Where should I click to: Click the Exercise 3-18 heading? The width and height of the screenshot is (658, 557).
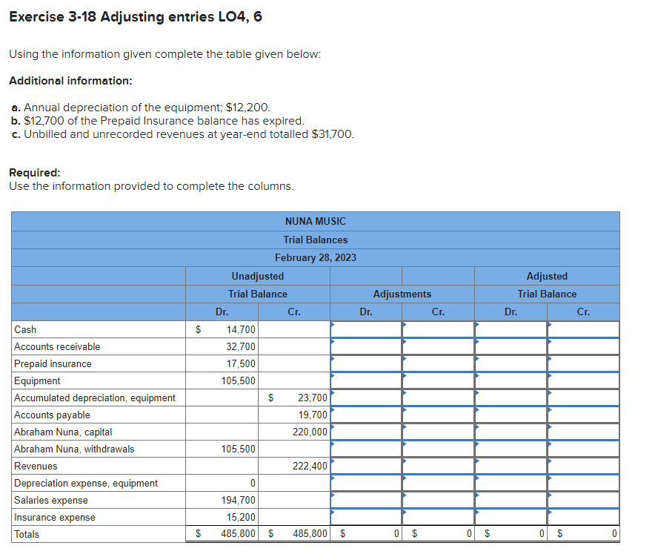point(136,16)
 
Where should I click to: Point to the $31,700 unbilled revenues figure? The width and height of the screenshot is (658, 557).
point(330,134)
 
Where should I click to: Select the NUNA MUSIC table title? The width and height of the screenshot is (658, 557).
point(315,221)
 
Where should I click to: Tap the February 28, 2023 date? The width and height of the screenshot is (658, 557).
point(315,257)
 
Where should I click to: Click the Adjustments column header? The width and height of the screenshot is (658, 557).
point(402,294)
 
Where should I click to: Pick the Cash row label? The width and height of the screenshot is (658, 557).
point(25,329)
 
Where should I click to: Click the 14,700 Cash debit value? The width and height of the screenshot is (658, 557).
point(242,329)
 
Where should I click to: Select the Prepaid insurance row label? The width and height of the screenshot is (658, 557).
point(53,363)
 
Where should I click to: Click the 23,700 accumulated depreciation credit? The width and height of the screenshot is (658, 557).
point(313,398)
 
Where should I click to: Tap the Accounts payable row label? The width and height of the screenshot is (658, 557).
point(52,415)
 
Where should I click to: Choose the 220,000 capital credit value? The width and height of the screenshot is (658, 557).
point(311,432)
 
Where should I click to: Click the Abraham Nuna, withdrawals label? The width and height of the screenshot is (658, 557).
point(74,449)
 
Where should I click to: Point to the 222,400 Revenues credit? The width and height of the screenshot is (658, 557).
point(311,466)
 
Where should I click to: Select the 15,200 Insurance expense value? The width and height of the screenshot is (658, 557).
point(242,517)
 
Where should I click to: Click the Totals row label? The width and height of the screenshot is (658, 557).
point(27,534)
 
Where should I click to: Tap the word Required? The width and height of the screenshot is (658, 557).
point(34,172)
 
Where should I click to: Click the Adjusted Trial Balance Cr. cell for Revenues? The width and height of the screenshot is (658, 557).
point(583,466)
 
